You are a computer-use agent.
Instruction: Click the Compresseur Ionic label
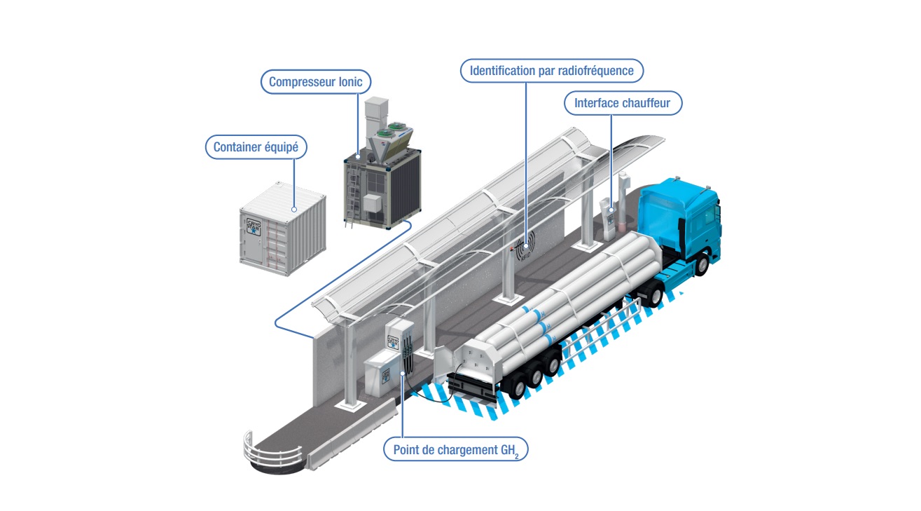[x=316, y=82]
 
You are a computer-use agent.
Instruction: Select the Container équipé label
[x=256, y=147]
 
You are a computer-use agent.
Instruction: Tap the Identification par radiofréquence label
[x=551, y=71]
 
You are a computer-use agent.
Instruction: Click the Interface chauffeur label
[x=622, y=104]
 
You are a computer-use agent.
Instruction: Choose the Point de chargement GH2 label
[x=455, y=449]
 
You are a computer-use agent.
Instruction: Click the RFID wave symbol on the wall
[x=525, y=249]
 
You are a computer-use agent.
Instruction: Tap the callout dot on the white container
[x=294, y=209]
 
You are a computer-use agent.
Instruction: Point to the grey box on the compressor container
[x=371, y=203]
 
